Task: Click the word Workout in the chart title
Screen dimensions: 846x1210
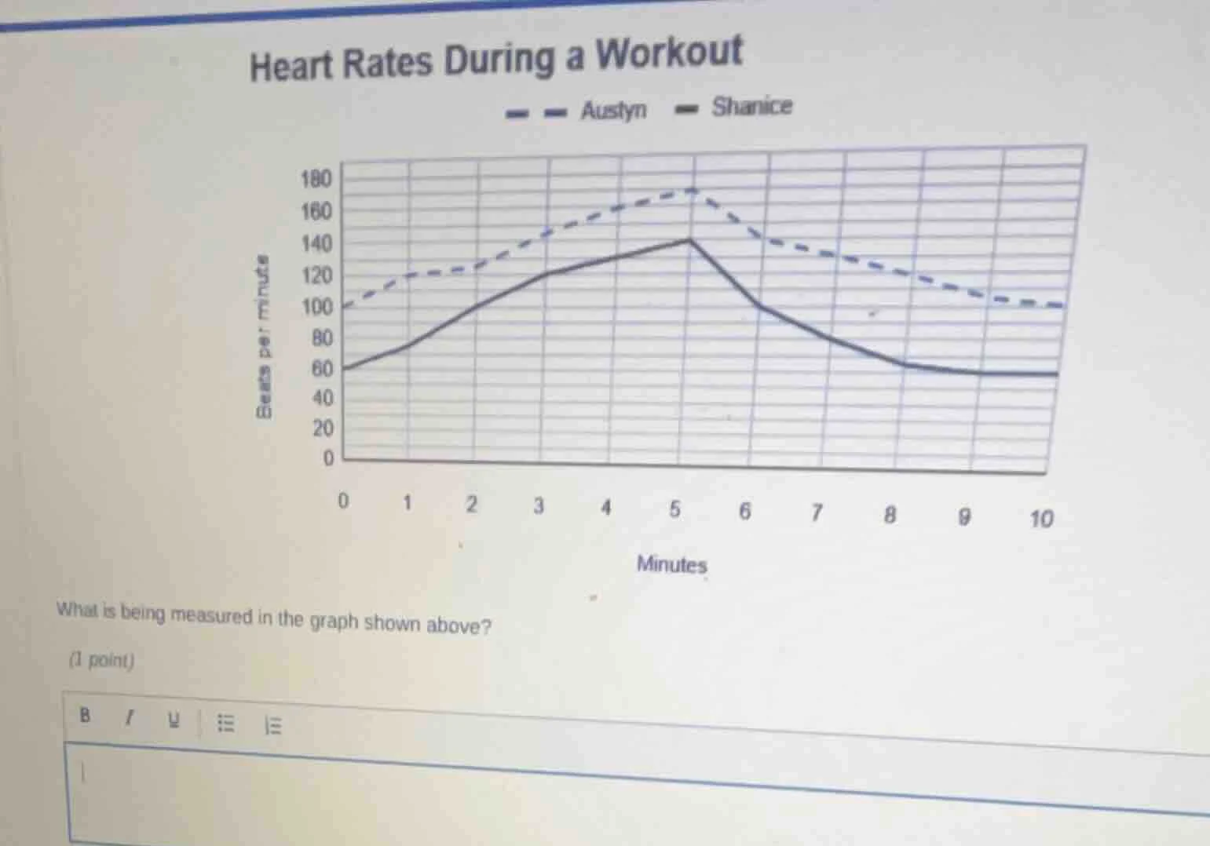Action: (x=667, y=53)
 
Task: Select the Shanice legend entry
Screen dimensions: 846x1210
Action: (x=751, y=107)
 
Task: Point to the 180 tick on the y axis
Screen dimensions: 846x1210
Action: (x=316, y=179)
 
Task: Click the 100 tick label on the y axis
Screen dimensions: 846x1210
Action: (x=317, y=307)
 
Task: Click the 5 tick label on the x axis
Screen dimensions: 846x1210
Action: (x=674, y=509)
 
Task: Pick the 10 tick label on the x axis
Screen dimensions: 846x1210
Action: (x=1040, y=519)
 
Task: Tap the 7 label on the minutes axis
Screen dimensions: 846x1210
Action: (x=816, y=513)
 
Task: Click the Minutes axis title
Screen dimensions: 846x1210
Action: (x=671, y=564)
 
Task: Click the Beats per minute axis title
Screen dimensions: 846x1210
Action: (x=265, y=337)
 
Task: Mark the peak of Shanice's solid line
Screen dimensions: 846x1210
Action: (x=689, y=239)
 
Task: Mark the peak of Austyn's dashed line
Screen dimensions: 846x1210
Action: (x=692, y=190)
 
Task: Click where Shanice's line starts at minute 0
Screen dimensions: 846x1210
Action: (x=345, y=368)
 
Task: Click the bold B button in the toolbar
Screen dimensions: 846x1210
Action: (x=85, y=715)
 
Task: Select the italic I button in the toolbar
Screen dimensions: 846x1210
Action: (x=130, y=717)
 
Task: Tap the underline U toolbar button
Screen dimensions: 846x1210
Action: (x=174, y=720)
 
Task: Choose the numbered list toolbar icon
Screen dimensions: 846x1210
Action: (x=272, y=725)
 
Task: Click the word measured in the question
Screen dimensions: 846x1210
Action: (x=211, y=616)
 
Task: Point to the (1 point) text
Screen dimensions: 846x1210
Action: (x=102, y=660)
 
